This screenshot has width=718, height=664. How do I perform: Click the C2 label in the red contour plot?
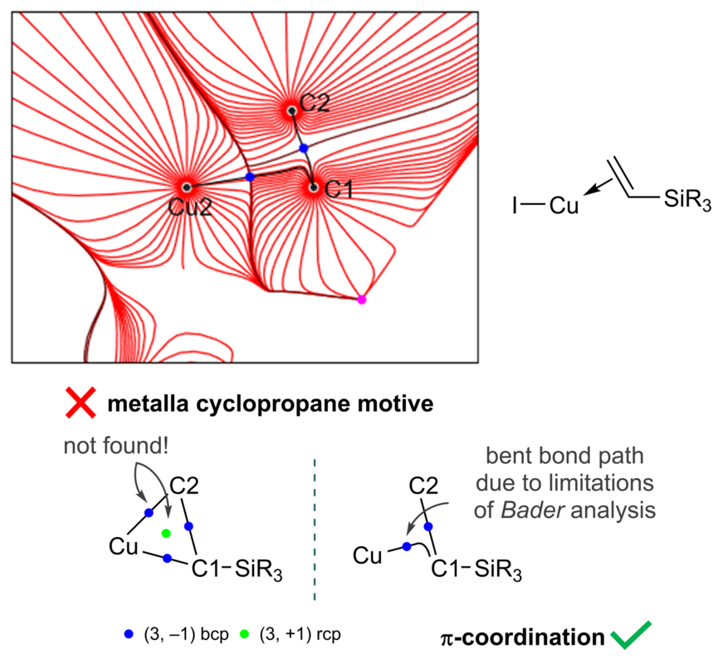(315, 103)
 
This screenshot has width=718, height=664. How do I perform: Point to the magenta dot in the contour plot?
(361, 300)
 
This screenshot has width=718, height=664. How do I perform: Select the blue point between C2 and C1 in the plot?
(304, 148)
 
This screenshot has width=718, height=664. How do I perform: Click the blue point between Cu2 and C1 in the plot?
(250, 177)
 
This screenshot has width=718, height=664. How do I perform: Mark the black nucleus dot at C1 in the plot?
(314, 188)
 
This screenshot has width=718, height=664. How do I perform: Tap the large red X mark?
(81, 405)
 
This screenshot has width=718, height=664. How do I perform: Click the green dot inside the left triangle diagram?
(166, 532)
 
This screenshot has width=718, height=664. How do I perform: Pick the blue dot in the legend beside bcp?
(128, 633)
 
